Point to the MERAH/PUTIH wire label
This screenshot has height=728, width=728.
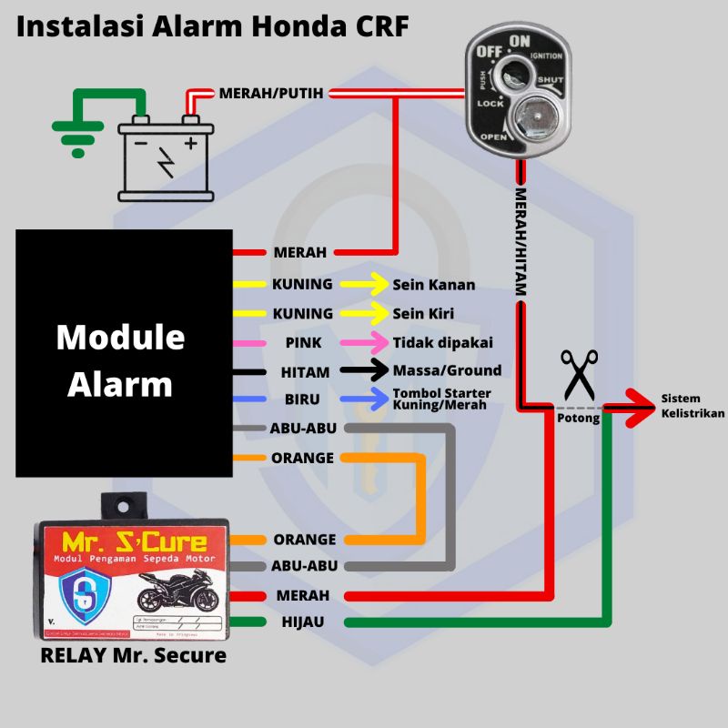[x=271, y=93]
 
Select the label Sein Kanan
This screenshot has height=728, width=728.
[x=433, y=285]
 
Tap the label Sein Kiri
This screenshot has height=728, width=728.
[x=423, y=313]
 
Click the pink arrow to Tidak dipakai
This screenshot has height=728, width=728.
[x=364, y=342]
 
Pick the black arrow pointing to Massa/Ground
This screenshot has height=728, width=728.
[x=364, y=370]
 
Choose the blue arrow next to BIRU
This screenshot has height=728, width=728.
[x=364, y=399]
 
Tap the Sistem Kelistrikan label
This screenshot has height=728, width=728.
[x=693, y=406]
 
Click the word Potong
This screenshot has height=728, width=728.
[x=578, y=419]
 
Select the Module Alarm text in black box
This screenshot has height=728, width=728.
[x=120, y=360]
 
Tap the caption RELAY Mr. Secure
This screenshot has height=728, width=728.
[x=133, y=654]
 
